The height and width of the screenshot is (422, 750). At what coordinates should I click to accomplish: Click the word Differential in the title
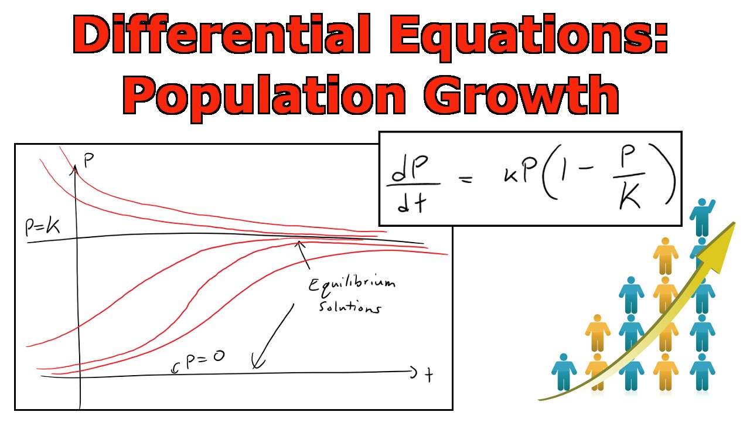pos(221,36)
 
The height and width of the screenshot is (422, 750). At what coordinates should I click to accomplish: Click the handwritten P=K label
pos(43,227)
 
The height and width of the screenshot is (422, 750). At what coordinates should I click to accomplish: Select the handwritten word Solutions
pos(349,307)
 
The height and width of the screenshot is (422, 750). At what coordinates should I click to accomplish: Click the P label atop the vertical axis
pos(88,160)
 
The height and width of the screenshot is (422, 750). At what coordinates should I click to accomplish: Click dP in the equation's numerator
pos(412,171)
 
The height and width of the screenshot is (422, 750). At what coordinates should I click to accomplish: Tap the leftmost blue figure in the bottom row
pos(564,372)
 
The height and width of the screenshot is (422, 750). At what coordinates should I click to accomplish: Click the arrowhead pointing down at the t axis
pos(255,365)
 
